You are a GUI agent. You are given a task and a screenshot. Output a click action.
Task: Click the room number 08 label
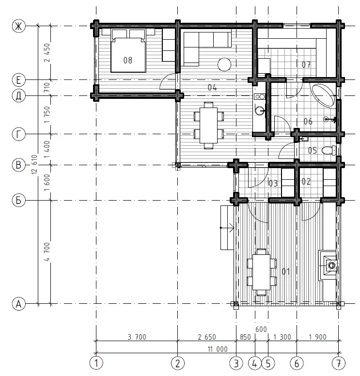(x=128, y=60)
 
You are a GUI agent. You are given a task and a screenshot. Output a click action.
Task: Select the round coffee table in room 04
(x=224, y=64)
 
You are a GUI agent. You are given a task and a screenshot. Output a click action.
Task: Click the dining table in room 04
(x=209, y=125)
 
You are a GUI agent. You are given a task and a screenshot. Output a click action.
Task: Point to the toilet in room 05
(x=329, y=150)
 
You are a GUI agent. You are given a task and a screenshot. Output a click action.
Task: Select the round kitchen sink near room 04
(x=260, y=110)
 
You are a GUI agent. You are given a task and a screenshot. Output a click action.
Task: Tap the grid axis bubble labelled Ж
(x=18, y=26)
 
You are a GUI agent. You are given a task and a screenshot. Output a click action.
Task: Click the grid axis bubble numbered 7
(x=338, y=363)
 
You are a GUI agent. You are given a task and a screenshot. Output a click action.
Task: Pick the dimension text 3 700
(x=137, y=337)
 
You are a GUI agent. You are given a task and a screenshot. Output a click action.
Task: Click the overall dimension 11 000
(x=218, y=349)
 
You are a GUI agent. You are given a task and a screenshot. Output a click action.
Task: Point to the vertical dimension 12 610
(x=34, y=165)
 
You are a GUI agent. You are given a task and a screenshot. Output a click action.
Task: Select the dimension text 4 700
(x=47, y=252)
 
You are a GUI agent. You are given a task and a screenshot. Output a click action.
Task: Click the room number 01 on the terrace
(x=286, y=271)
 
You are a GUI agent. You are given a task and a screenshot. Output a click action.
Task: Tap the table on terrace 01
(x=262, y=272)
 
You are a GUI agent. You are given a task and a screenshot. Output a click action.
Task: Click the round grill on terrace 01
(x=332, y=266)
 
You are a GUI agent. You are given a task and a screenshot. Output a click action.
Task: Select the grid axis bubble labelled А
(x=18, y=304)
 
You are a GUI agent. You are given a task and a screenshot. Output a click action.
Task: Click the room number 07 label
(x=306, y=64)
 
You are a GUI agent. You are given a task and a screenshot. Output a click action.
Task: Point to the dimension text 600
(x=261, y=329)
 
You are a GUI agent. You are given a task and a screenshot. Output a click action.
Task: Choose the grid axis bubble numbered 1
(x=96, y=363)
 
